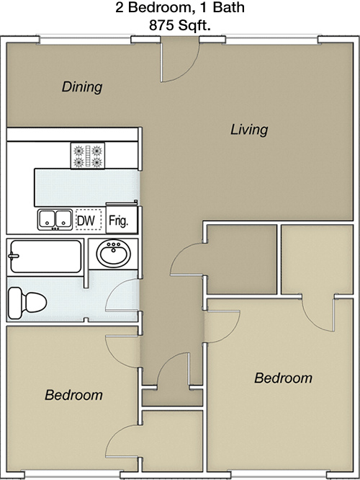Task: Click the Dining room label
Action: pos(82,87)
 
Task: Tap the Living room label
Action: pos(249,130)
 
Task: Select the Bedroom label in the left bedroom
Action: pos(73,395)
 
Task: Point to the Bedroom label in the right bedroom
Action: pos(283,378)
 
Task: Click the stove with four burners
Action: pos(88,156)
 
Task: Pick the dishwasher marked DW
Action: pos(89,220)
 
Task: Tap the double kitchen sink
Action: pos(55,220)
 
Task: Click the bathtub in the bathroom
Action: pos(45,257)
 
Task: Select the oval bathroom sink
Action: pos(114,254)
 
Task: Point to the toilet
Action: pos(27,303)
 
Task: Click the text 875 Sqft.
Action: pos(180,25)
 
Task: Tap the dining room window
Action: pos(85,40)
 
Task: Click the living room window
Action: pos(271,40)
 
